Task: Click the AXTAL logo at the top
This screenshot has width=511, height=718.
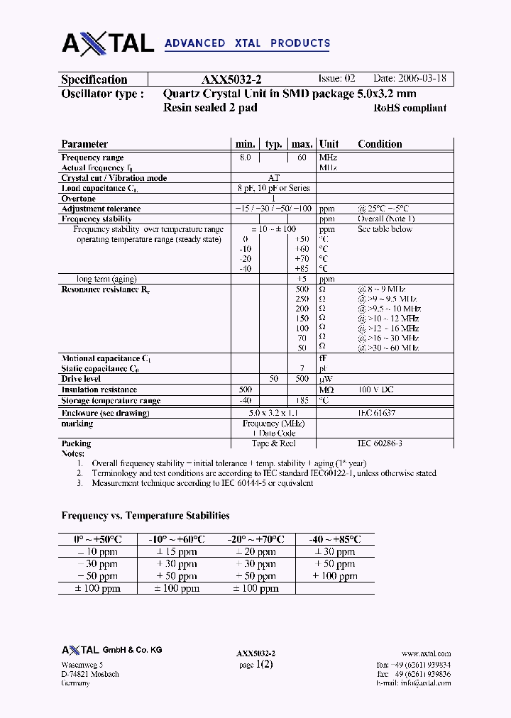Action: click(x=108, y=43)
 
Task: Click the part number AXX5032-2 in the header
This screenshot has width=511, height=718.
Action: click(x=232, y=80)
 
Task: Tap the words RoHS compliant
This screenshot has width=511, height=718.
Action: click(x=410, y=109)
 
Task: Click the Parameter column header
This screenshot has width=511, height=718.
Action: click(x=84, y=144)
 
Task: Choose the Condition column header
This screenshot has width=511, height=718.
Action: click(x=380, y=144)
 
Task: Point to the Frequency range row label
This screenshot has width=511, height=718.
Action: click(x=92, y=158)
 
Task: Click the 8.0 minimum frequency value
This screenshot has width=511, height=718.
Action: click(x=245, y=158)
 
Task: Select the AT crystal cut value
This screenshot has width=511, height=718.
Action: click(x=273, y=178)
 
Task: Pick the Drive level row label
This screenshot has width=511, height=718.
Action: click(x=82, y=380)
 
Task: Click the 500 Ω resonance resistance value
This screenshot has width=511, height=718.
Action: click(x=302, y=289)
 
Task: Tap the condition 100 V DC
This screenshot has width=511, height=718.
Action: click(x=376, y=390)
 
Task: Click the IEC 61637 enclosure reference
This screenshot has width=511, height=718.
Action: click(x=376, y=412)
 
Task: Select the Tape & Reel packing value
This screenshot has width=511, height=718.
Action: click(x=273, y=443)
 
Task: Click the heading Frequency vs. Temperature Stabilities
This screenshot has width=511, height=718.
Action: click(x=145, y=516)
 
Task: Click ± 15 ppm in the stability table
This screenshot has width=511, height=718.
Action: click(x=177, y=551)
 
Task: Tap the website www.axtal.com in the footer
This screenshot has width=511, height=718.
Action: click(x=426, y=653)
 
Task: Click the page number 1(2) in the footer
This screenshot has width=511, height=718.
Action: click(x=263, y=664)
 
